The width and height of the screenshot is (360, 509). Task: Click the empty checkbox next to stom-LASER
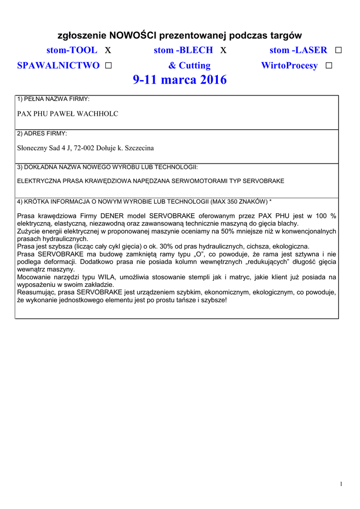(x=339, y=50)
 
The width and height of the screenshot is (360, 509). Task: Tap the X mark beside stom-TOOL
(x=108, y=50)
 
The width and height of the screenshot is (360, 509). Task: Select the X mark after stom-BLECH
(x=223, y=50)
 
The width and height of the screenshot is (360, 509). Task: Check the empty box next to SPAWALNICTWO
(x=108, y=66)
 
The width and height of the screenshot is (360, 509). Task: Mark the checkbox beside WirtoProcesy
(x=328, y=66)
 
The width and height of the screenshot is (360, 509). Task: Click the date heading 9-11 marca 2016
(x=180, y=80)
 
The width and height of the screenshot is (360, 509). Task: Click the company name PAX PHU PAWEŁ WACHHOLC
(x=68, y=114)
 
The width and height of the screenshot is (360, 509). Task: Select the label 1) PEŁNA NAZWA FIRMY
(x=53, y=99)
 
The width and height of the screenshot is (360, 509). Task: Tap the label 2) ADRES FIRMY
(x=42, y=134)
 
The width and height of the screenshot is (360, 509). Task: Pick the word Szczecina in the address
(x=139, y=148)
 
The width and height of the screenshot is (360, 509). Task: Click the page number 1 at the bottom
(x=342, y=485)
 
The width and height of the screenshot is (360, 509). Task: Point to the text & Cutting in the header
(x=189, y=66)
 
